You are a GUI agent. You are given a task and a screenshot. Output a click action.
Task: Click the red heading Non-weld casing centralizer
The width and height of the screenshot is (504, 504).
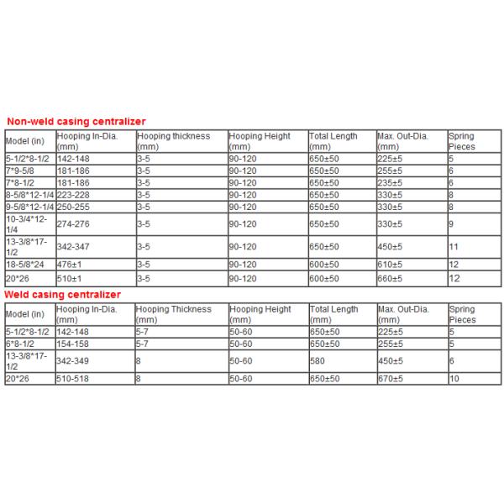76,121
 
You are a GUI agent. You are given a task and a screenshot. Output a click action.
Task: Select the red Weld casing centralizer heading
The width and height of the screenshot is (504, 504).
63,295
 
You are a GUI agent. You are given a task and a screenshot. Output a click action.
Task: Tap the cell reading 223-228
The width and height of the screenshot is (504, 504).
72,193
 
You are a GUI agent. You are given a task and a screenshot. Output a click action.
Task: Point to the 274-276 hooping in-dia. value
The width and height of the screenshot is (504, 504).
72,225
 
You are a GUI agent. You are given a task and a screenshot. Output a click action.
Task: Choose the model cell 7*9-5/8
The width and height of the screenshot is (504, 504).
23,170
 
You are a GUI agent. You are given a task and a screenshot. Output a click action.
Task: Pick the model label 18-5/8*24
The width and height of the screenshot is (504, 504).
26,265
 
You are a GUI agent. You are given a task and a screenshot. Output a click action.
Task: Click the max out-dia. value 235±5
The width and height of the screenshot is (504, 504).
392,181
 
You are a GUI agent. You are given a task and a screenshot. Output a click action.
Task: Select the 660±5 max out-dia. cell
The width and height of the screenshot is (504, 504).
392,277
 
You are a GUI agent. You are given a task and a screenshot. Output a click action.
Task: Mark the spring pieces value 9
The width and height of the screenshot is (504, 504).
451,225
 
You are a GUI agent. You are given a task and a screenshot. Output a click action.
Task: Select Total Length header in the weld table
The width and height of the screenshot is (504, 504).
333,310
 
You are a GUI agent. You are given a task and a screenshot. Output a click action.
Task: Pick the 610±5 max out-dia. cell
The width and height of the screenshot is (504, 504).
392,265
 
